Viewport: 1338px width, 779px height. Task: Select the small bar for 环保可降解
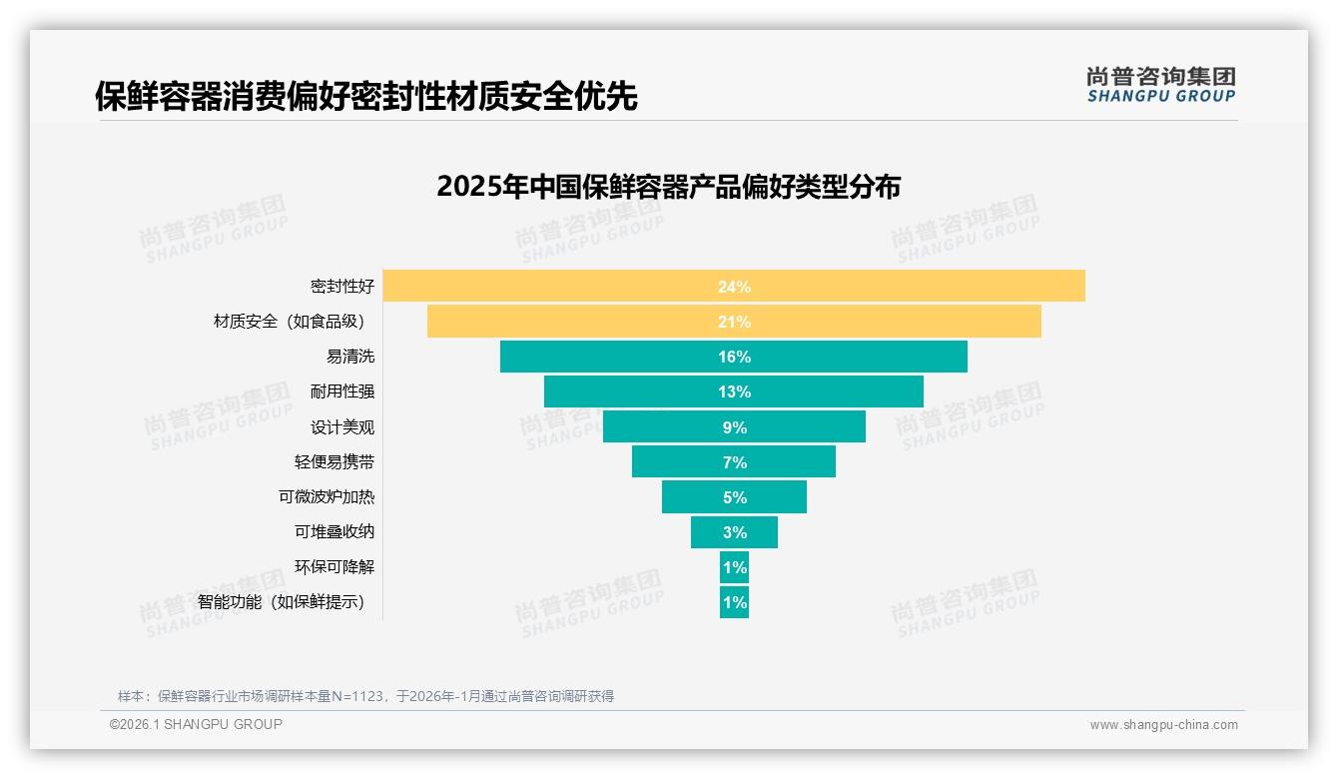tap(734, 567)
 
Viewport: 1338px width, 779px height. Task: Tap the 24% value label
tap(734, 287)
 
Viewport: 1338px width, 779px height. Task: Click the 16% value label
tap(734, 357)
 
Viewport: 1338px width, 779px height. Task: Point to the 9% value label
tap(734, 427)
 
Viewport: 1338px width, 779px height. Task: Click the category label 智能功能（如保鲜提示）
tap(282, 602)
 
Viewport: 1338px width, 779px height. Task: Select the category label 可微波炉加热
tap(327, 497)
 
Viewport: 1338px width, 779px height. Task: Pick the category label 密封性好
tap(342, 287)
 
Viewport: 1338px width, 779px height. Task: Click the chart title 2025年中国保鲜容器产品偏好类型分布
tap(668, 187)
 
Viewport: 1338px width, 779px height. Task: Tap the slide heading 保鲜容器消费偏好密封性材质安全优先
tap(365, 97)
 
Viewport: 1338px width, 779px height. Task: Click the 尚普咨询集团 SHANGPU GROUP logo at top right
tap(1160, 85)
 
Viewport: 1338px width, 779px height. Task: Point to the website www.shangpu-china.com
tap(1163, 725)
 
